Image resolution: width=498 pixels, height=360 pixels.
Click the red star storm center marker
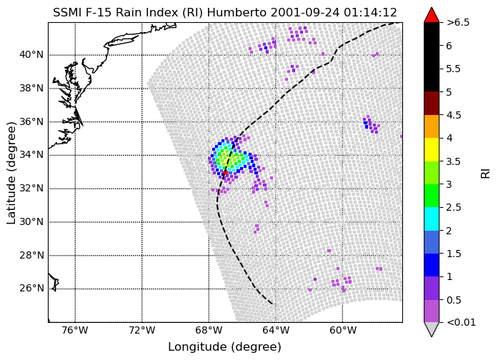click(x=225, y=172)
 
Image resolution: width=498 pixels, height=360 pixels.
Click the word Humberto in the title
click(x=237, y=13)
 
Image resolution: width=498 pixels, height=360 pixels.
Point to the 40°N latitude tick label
click(x=31, y=54)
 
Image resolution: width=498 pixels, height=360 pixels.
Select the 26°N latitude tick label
click(x=31, y=289)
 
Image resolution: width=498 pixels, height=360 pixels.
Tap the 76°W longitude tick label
click(x=75, y=331)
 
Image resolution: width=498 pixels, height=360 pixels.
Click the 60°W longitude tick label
click(x=343, y=331)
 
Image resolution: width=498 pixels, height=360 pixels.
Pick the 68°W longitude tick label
click(x=209, y=331)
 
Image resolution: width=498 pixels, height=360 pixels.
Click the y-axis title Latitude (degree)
click(x=11, y=173)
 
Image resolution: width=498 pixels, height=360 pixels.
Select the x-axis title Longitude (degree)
click(x=224, y=347)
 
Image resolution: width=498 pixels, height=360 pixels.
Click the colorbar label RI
click(x=486, y=173)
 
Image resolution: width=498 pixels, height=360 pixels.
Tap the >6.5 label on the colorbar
click(x=458, y=23)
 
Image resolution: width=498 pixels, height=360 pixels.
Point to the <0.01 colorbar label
click(x=461, y=323)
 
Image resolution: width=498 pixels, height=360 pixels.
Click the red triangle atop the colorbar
click(x=432, y=16)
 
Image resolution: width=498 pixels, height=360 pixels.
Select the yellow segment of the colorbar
click(x=432, y=150)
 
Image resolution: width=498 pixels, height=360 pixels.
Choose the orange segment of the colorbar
click(x=432, y=126)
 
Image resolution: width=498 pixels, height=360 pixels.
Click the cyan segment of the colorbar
click(x=432, y=219)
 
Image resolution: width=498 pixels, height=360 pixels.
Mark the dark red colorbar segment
click(x=432, y=104)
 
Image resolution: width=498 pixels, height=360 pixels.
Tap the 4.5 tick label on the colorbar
click(x=454, y=115)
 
